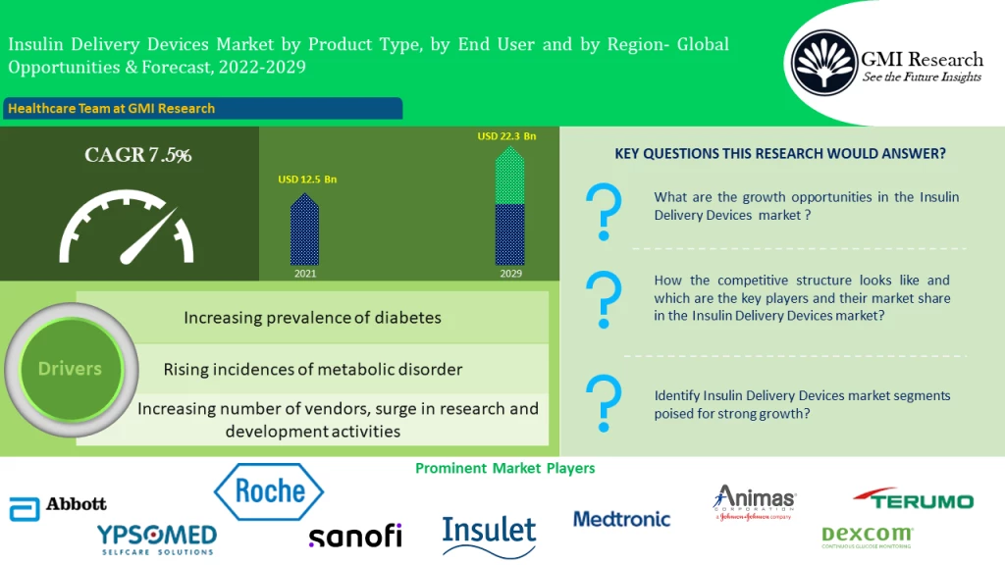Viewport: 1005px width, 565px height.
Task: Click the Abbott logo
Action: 58,506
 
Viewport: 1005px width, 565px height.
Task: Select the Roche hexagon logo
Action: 269,491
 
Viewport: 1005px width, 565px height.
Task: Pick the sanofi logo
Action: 354,536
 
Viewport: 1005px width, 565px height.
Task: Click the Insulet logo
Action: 489,533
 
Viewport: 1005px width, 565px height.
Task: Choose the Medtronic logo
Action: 621,519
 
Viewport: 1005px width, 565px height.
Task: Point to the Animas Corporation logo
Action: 754,503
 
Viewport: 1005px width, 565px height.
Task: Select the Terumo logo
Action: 913,499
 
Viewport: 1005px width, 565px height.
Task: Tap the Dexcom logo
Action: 867,536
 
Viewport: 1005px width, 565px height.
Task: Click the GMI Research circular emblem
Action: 823,63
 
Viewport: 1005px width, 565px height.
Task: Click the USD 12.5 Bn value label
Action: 307,180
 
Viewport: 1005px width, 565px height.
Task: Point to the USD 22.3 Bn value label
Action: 507,136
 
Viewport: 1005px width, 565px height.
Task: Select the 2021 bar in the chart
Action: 305,231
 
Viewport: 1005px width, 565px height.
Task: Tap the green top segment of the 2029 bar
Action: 509,177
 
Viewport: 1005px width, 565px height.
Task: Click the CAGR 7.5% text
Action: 138,155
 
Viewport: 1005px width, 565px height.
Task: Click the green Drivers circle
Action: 70,369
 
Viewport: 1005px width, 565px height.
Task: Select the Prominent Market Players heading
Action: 504,468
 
